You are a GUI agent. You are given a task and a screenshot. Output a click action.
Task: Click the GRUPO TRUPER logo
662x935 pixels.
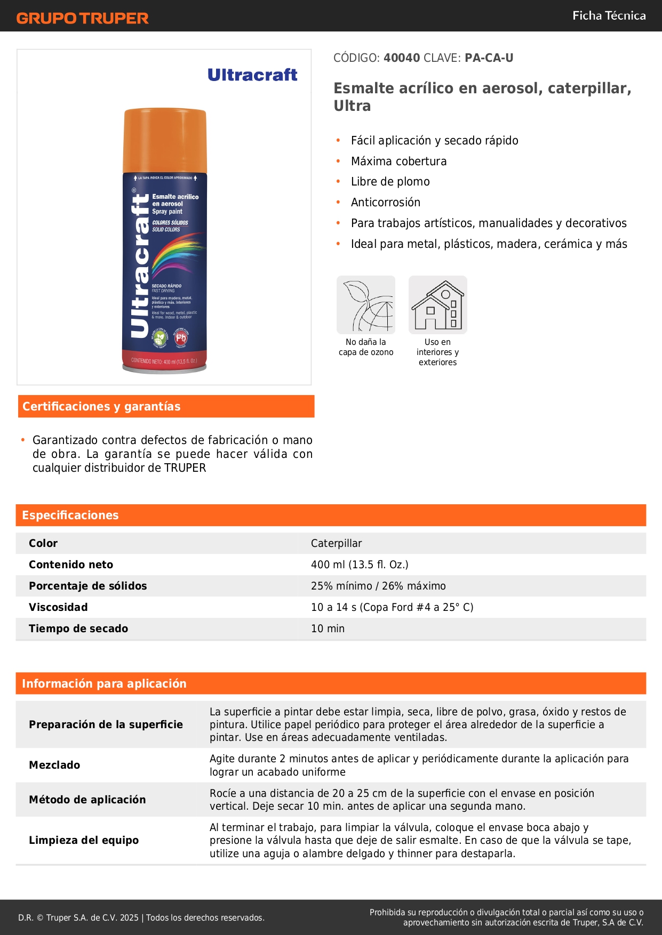[x=82, y=18]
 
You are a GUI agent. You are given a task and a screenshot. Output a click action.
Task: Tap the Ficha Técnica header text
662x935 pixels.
[x=609, y=16]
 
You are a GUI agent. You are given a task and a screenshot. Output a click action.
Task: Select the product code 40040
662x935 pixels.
[x=402, y=58]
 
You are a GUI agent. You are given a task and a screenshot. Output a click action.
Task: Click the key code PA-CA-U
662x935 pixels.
[x=489, y=58]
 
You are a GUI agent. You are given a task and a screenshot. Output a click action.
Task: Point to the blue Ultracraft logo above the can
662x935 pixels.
[x=252, y=75]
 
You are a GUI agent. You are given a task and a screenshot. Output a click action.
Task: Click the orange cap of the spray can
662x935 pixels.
[x=165, y=140]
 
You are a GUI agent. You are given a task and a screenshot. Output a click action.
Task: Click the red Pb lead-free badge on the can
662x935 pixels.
[x=181, y=337]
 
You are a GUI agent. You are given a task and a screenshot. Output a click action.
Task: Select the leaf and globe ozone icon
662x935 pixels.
[x=366, y=305]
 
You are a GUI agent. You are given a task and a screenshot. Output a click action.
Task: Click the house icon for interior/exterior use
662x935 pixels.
[x=437, y=305]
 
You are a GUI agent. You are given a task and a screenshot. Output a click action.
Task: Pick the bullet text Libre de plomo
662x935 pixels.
[x=390, y=182]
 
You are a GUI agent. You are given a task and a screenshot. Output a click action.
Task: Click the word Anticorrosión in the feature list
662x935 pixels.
[x=385, y=203]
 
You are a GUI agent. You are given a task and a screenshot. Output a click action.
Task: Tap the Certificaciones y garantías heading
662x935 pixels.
[x=101, y=407]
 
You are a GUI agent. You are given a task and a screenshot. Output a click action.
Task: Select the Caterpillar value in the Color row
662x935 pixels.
[x=336, y=543]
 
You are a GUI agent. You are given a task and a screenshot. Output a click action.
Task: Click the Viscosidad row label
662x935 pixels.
[x=58, y=607]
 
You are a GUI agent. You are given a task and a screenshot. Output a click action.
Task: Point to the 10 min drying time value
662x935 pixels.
[x=328, y=628]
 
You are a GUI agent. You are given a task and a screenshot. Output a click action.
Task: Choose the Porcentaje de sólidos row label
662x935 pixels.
[x=87, y=586]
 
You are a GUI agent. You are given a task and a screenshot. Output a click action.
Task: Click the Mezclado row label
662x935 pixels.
[x=54, y=765]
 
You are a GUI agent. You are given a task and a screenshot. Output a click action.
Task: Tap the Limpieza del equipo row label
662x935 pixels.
[x=84, y=840]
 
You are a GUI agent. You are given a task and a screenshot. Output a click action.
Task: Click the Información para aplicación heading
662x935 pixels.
[x=104, y=683]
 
